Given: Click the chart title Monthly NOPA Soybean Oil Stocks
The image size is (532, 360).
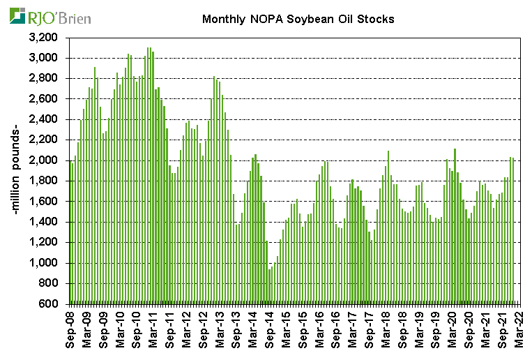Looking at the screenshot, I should [298, 19].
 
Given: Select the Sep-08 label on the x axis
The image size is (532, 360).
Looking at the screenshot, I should [70, 329].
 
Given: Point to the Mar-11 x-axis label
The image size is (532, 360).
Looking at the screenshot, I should [154, 329].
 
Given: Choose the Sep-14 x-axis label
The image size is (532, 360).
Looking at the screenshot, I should [271, 329].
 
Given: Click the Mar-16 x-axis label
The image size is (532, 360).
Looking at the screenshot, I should [321, 329].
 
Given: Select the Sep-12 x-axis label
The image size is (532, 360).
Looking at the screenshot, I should [204, 329].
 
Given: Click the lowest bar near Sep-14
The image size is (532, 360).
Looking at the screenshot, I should [270, 286].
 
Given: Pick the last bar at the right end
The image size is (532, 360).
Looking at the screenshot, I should [514, 230].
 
